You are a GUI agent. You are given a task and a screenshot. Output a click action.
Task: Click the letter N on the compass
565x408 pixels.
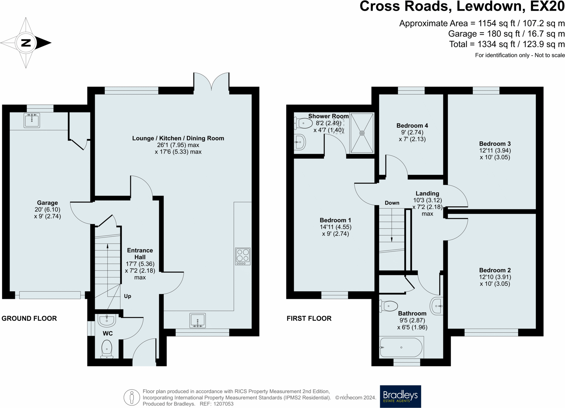(x=26, y=43)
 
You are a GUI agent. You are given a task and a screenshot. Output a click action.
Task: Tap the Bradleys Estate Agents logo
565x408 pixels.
(x=400, y=396)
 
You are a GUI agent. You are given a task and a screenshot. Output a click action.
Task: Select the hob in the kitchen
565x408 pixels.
(x=243, y=256)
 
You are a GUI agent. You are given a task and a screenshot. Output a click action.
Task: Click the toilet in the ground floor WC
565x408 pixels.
(x=107, y=349)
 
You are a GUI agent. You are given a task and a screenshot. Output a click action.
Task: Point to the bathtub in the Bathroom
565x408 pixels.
(x=401, y=347)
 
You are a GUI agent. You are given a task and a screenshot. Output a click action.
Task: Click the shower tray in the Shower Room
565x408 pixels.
(x=362, y=133)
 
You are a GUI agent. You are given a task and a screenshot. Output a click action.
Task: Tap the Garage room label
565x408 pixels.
(x=47, y=203)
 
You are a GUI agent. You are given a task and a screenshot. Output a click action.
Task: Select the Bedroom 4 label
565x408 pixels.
(x=412, y=125)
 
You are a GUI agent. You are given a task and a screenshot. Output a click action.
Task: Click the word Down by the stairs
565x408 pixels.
(x=392, y=203)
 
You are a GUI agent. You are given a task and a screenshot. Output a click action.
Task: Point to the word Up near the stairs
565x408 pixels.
(x=128, y=296)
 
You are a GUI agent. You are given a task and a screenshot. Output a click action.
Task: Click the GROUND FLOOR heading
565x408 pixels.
(x=29, y=318)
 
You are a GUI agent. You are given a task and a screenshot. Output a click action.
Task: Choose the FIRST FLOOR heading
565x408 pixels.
(x=309, y=318)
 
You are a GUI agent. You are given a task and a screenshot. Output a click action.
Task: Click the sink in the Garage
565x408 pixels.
(x=32, y=120)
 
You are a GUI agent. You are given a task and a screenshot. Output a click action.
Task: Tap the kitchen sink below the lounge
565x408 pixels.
(x=198, y=320)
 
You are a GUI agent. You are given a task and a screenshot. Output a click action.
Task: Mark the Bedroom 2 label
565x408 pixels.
(x=495, y=270)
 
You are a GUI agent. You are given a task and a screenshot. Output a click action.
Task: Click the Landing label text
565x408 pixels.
(x=427, y=193)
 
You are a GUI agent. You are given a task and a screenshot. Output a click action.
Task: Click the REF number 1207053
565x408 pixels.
(x=223, y=404)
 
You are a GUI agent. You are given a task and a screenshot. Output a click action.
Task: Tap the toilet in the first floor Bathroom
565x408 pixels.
(x=389, y=306)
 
